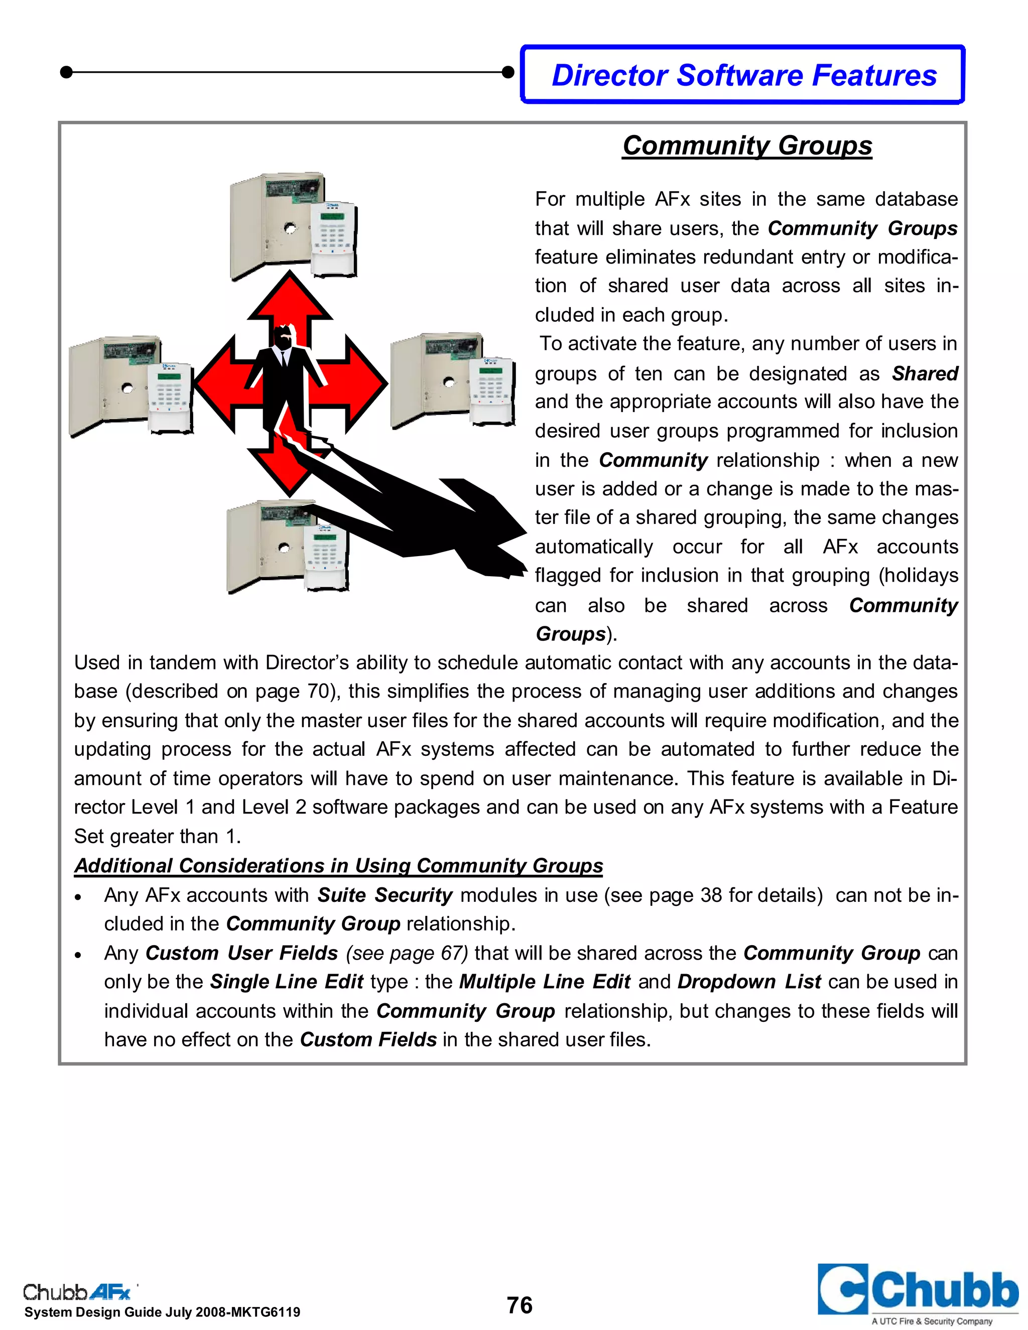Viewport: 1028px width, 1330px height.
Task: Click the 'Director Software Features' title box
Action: tap(743, 75)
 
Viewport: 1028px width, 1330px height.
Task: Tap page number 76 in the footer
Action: tap(519, 1305)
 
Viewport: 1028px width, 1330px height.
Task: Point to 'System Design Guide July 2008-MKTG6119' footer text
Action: tap(162, 1312)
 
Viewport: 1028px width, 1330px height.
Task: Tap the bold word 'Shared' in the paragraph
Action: tap(925, 373)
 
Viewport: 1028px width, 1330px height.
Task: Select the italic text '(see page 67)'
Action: tap(407, 953)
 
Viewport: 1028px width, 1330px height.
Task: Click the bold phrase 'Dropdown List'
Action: tap(749, 982)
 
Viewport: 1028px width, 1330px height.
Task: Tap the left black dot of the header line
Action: tap(67, 72)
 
